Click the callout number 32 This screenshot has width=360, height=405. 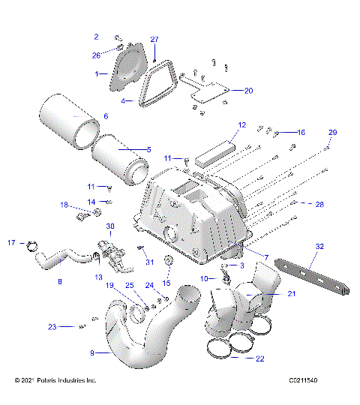tap(319, 246)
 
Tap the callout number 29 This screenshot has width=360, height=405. tap(332, 132)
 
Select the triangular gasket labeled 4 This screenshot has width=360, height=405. tap(159, 84)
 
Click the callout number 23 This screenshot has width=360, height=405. tap(52, 326)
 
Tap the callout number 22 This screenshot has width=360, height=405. tap(259, 359)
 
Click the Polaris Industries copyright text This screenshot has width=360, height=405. tap(55, 381)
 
